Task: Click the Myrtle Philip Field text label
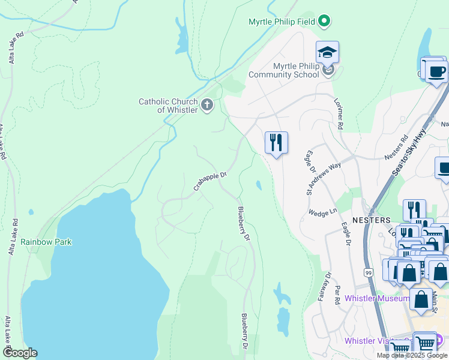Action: coord(282,22)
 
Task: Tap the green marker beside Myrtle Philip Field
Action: coord(324,22)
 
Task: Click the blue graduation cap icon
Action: coord(327,53)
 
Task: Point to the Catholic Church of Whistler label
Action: coord(169,106)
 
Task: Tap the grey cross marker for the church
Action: coord(207,106)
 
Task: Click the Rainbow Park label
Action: coord(46,242)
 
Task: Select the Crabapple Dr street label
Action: coord(209,182)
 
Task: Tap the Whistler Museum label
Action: coord(377,298)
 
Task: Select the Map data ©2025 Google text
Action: coord(411,355)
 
